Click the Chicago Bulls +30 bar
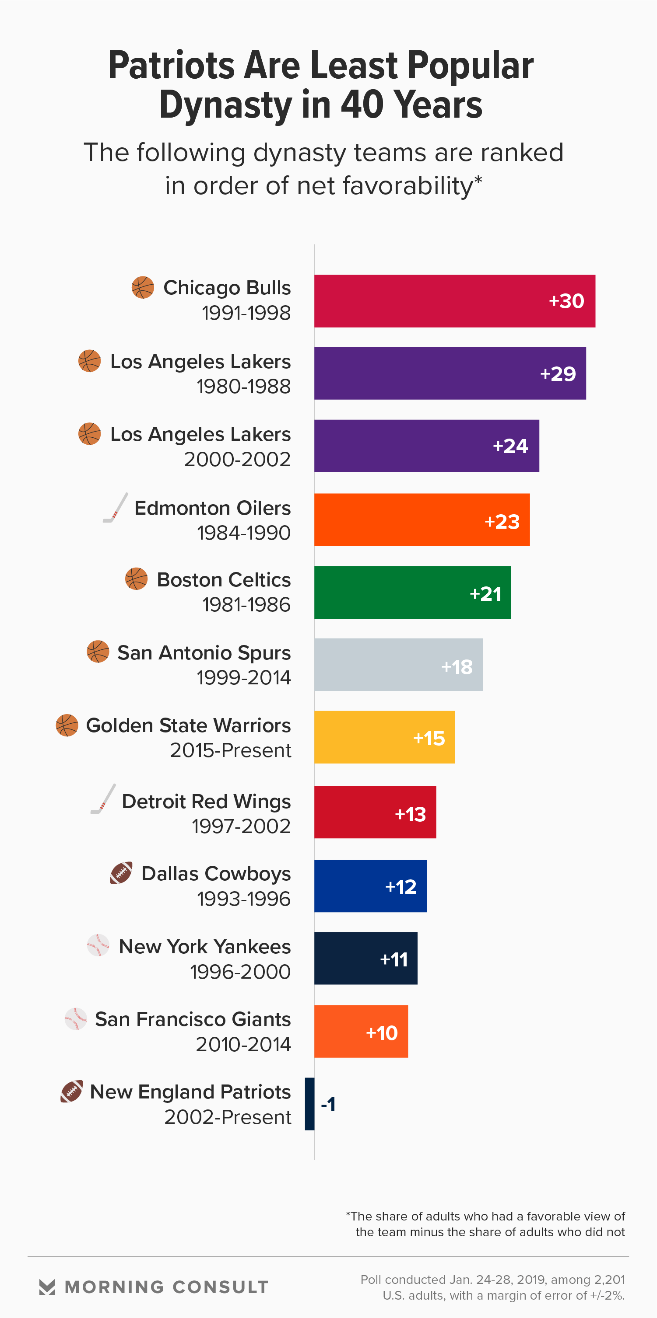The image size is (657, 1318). [454, 301]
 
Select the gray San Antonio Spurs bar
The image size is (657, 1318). [398, 665]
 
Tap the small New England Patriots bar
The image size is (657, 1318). [309, 1104]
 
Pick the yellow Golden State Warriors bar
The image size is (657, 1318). [384, 737]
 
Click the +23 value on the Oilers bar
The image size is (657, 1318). [502, 521]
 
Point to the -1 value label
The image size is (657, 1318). [328, 1104]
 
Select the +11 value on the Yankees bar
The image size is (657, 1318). [394, 959]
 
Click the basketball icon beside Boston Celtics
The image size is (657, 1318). [136, 579]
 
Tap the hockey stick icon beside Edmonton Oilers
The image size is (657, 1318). [115, 508]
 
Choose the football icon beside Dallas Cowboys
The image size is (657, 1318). [121, 873]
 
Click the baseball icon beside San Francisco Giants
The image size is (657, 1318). [76, 1019]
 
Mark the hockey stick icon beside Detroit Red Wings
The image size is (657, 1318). [103, 798]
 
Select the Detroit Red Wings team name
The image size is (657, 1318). [206, 801]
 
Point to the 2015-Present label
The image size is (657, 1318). [230, 750]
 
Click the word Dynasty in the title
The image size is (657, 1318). [226, 105]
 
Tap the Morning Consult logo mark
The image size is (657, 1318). [47, 1287]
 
